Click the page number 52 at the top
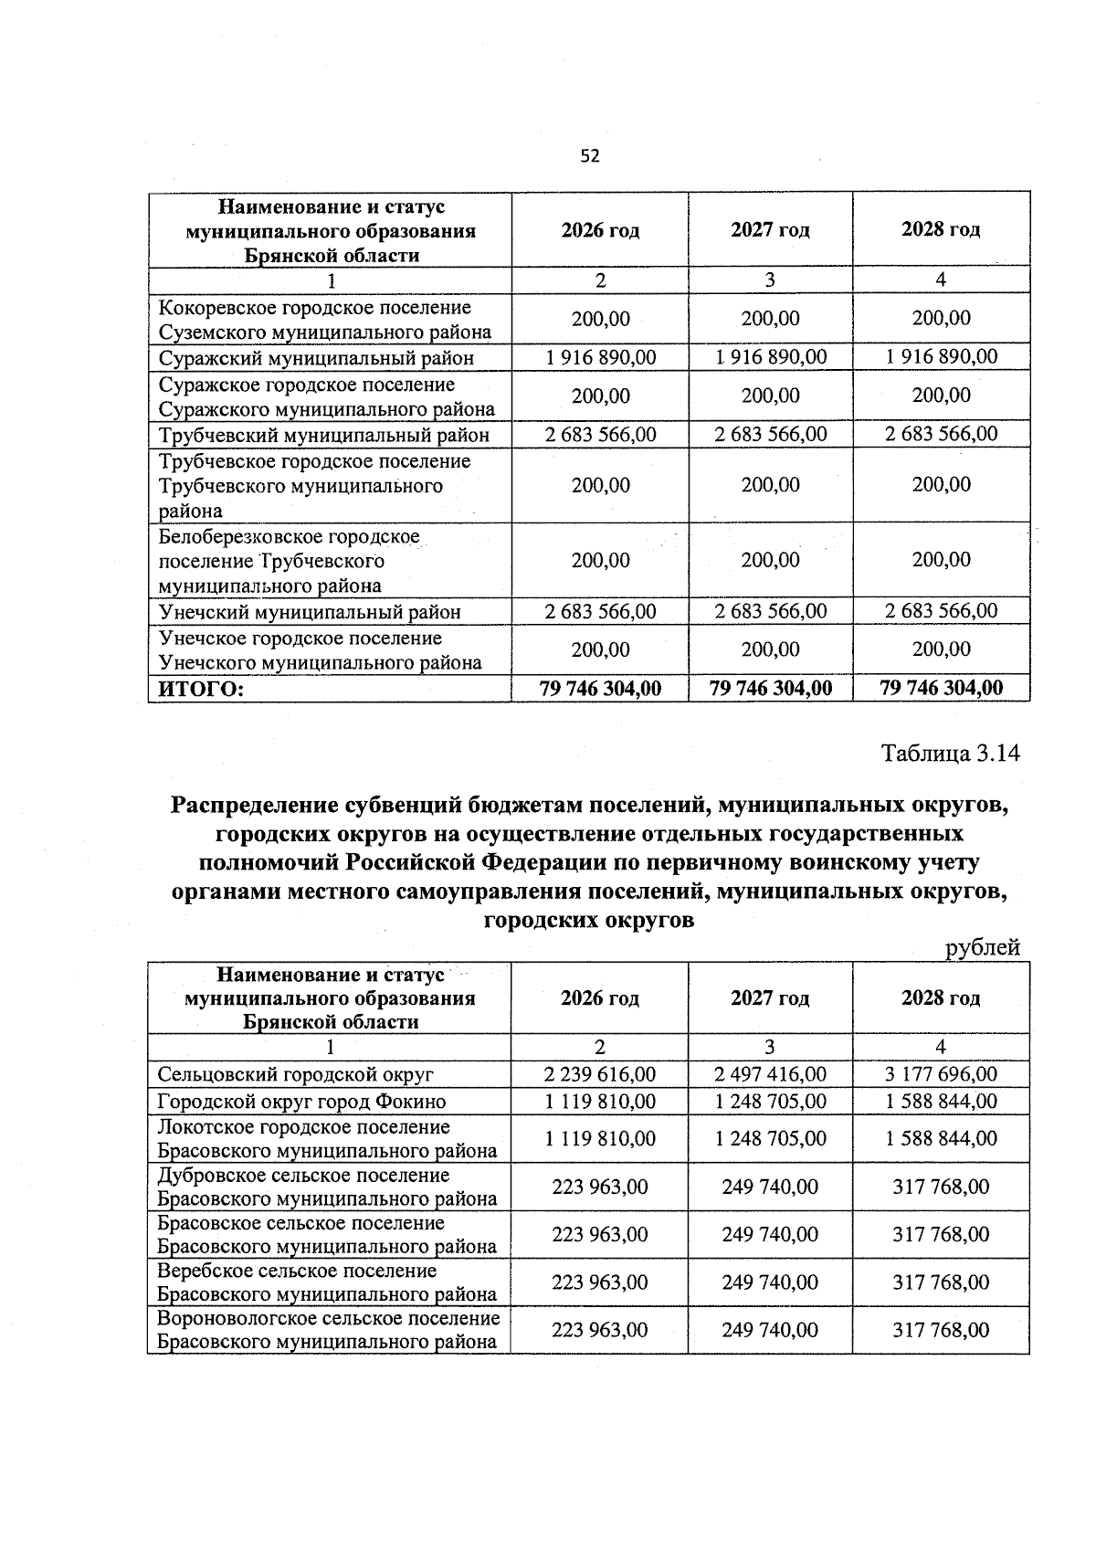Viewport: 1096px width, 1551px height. tap(590, 156)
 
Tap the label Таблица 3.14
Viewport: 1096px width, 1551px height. tap(949, 754)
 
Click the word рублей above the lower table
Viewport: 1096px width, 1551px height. tap(982, 948)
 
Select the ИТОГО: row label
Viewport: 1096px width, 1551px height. tap(202, 689)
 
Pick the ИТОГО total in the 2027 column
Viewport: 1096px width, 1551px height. tap(771, 688)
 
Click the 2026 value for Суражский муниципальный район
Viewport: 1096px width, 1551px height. tap(600, 357)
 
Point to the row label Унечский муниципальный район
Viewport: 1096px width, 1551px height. tap(310, 612)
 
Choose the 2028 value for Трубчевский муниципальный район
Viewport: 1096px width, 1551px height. tap(941, 435)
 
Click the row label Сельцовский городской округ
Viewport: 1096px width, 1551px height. tap(296, 1075)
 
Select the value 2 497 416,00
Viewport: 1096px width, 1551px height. tap(770, 1075)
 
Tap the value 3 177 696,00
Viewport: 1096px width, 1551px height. tap(941, 1075)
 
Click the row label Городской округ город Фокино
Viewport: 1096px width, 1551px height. tap(302, 1102)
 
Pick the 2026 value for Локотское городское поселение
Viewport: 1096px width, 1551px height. tap(600, 1139)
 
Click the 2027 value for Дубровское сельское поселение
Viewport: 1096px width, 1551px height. tap(770, 1187)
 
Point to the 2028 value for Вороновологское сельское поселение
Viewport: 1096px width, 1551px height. tap(941, 1330)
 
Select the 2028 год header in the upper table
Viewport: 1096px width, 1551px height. tap(941, 229)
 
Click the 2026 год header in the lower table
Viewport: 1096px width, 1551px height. tap(600, 998)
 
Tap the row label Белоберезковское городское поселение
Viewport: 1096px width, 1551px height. tap(289, 561)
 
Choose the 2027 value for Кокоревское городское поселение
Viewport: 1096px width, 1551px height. tap(770, 319)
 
